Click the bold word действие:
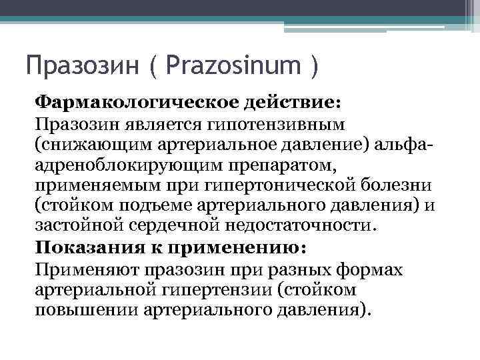point(293,104)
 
